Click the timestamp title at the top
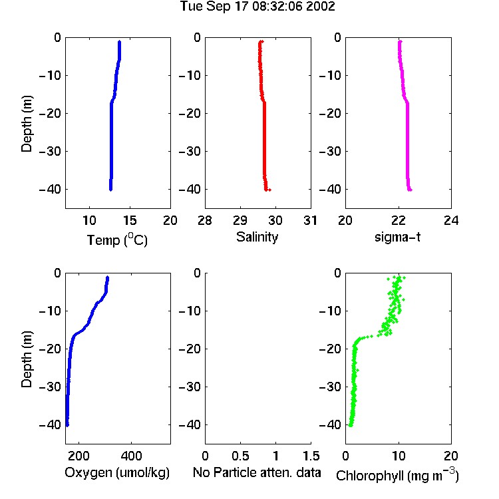pyautogui.click(x=257, y=7)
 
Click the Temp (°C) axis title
pyautogui.click(x=117, y=240)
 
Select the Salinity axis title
pyautogui.click(x=257, y=238)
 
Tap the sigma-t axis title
pyautogui.click(x=397, y=237)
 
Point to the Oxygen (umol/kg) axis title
pyautogui.click(x=117, y=472)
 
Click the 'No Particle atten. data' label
pyautogui.click(x=257, y=472)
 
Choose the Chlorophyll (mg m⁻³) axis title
pyautogui.click(x=397, y=474)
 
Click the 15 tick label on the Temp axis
pyautogui.click(x=130, y=220)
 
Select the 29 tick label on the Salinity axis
pyautogui.click(x=240, y=220)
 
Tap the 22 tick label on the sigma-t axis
pyautogui.click(x=399, y=220)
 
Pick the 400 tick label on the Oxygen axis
pyautogui.click(x=131, y=456)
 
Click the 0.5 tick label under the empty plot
pyautogui.click(x=240, y=456)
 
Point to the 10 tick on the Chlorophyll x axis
pyautogui.click(x=399, y=456)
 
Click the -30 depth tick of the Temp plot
pyautogui.click(x=50, y=151)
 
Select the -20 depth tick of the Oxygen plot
pyautogui.click(x=50, y=349)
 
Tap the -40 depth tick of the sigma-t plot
pyautogui.click(x=330, y=190)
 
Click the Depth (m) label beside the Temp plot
pyautogui.click(x=27, y=124)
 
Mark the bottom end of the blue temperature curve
pyautogui.click(x=110, y=190)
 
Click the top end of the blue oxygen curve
pyautogui.click(x=108, y=277)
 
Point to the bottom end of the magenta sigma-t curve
pyautogui.click(x=411, y=190)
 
